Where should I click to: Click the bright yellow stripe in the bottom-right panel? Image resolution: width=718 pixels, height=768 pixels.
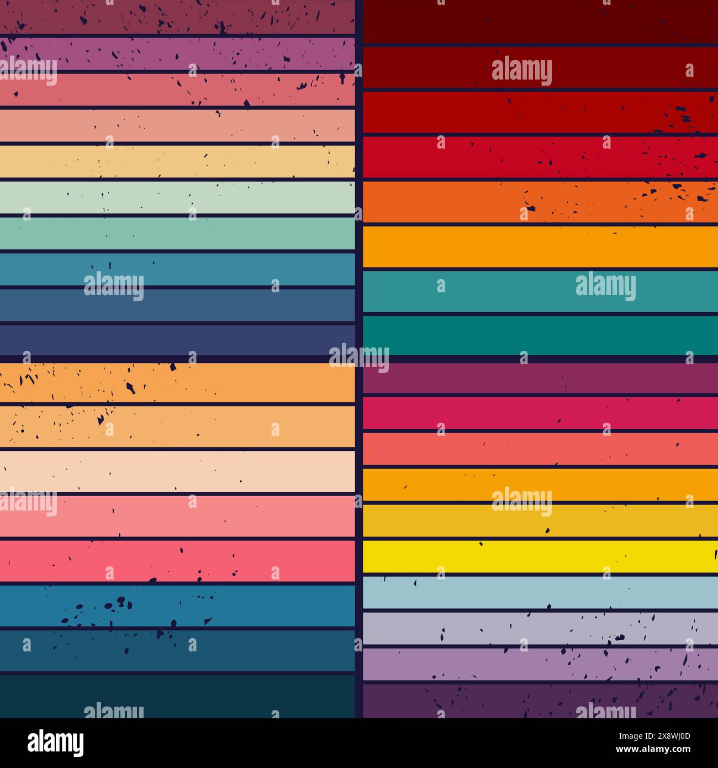click(540, 556)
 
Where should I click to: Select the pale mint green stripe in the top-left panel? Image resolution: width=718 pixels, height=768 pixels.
click(177, 197)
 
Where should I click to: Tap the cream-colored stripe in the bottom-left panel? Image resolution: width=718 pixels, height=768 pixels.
click(177, 471)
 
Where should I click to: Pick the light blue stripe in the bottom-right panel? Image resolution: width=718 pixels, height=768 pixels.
click(540, 592)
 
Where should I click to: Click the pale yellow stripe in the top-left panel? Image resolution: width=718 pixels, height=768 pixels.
click(177, 161)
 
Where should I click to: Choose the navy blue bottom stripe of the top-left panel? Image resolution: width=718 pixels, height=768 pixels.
click(177, 339)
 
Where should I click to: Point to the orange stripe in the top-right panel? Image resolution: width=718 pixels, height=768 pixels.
click(540, 202)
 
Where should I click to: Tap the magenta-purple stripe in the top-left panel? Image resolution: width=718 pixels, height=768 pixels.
click(177, 54)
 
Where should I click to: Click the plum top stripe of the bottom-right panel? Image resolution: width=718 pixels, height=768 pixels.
click(540, 378)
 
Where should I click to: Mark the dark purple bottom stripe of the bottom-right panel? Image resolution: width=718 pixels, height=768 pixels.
click(540, 701)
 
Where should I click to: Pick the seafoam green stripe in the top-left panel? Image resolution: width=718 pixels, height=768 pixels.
click(177, 233)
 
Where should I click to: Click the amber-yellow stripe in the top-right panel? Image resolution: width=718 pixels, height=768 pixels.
click(540, 246)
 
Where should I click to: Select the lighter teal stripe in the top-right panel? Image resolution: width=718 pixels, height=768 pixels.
click(540, 291)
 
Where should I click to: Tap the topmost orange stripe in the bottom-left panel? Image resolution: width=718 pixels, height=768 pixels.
click(177, 382)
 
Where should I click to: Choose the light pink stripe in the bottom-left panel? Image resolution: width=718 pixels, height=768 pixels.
click(177, 515)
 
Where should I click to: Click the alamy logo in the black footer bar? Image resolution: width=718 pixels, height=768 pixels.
click(55, 743)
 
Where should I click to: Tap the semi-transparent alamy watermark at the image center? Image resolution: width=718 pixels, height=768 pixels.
click(359, 356)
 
